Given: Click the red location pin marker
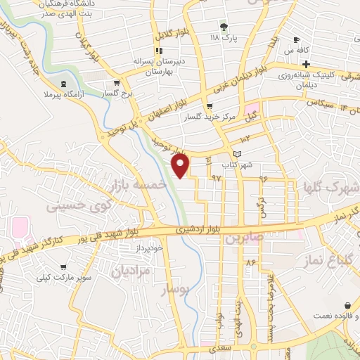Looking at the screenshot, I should pos(181,165).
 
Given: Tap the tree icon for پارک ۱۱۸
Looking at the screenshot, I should pos(224,27).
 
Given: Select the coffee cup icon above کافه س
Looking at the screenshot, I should pos(296,39).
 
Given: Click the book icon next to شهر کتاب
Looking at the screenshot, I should pos(237,153).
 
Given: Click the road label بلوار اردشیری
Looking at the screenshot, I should pos(202,229).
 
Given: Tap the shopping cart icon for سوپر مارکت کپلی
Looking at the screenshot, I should pos(65,267).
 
